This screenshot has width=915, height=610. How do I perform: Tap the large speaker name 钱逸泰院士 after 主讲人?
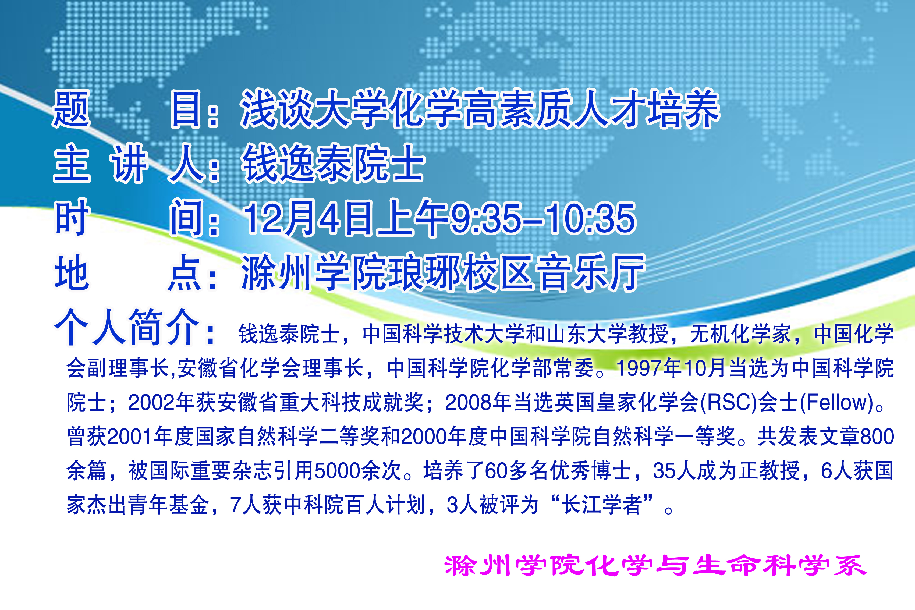[333, 164]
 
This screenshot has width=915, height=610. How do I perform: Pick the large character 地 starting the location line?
[72, 272]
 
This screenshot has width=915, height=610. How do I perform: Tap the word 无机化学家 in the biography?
[741, 334]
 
